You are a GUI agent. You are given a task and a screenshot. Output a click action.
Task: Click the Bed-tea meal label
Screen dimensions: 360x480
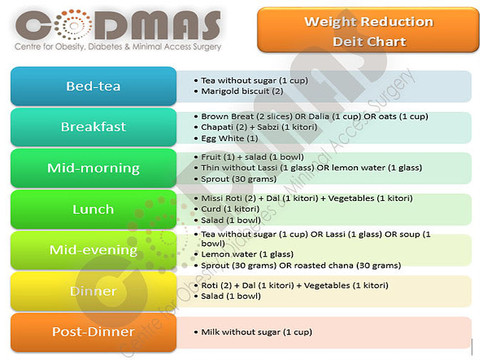93,86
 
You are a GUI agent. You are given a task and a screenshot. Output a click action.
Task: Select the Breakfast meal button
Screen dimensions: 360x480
93,127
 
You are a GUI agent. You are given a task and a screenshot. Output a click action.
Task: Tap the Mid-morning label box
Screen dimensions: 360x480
93,168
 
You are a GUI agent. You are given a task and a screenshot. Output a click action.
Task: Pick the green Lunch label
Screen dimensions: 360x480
93,210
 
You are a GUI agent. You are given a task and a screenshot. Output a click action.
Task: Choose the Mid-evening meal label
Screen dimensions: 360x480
93,250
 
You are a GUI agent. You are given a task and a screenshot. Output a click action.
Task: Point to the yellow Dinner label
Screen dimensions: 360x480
93,291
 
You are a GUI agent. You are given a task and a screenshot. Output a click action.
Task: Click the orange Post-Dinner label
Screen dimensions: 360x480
93,332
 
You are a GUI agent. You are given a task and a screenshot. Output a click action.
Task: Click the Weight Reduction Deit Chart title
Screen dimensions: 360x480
368,31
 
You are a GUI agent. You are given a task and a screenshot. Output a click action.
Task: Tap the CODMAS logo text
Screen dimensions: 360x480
118,25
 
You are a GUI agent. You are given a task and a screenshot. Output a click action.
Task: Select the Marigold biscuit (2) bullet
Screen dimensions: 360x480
242,91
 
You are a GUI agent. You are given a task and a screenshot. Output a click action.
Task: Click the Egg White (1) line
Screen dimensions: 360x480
230,138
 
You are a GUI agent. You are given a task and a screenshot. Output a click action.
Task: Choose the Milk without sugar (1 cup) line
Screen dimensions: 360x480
256,332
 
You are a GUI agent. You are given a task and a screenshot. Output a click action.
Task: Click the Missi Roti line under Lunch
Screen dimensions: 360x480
307,198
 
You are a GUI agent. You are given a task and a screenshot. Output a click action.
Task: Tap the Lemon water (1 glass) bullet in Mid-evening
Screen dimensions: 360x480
247,254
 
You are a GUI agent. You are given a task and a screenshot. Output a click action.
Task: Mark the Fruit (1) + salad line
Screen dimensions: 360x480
252,157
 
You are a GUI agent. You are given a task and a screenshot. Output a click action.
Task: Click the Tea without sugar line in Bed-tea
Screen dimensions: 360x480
254,81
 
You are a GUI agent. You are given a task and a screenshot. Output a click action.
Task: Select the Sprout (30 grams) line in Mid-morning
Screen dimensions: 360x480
239,179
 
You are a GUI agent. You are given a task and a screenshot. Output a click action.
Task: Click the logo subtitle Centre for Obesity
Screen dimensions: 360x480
118,47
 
